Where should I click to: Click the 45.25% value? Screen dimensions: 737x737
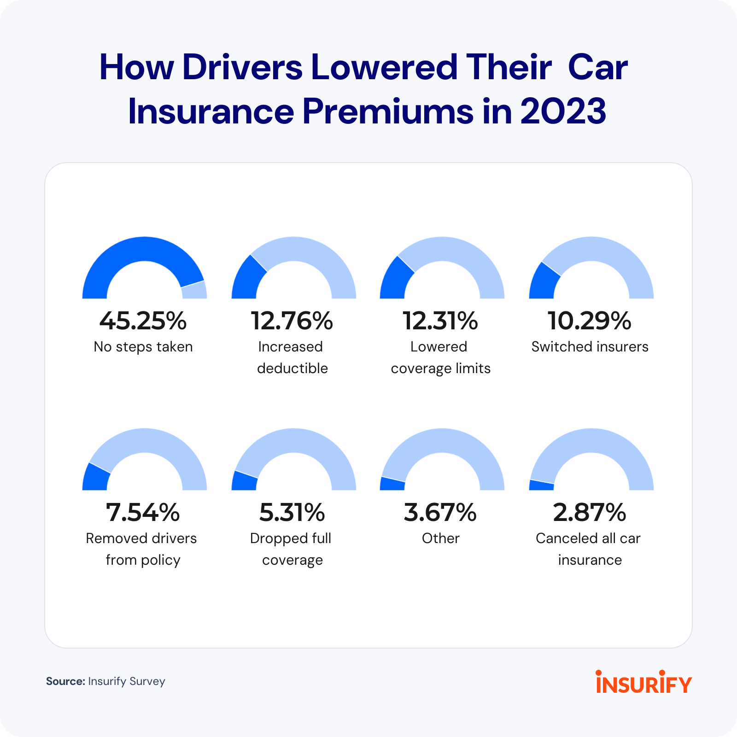pyautogui.click(x=143, y=321)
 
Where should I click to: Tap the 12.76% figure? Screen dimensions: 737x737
pyautogui.click(x=292, y=321)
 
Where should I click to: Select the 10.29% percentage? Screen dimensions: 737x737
pyautogui.click(x=589, y=321)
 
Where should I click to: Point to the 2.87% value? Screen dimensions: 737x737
pyautogui.click(x=589, y=513)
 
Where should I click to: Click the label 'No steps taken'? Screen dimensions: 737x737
pyautogui.click(x=143, y=347)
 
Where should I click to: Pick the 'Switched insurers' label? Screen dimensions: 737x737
pyautogui.click(x=590, y=347)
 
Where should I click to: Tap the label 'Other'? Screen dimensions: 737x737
pyautogui.click(x=441, y=538)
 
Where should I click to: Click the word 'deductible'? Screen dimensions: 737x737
pyautogui.click(x=292, y=368)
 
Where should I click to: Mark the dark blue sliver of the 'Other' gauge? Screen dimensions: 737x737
pyautogui.click(x=392, y=484)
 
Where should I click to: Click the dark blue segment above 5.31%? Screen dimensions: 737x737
pyautogui.click(x=244, y=481)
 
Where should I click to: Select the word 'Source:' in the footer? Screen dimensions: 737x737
pyautogui.click(x=65, y=681)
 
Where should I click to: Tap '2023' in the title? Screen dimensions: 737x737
pyautogui.click(x=563, y=111)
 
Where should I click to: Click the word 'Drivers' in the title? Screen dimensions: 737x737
pyautogui.click(x=242, y=68)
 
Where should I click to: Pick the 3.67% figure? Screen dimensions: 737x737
pyautogui.click(x=440, y=513)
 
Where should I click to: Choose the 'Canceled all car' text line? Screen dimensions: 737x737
pyautogui.click(x=588, y=538)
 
